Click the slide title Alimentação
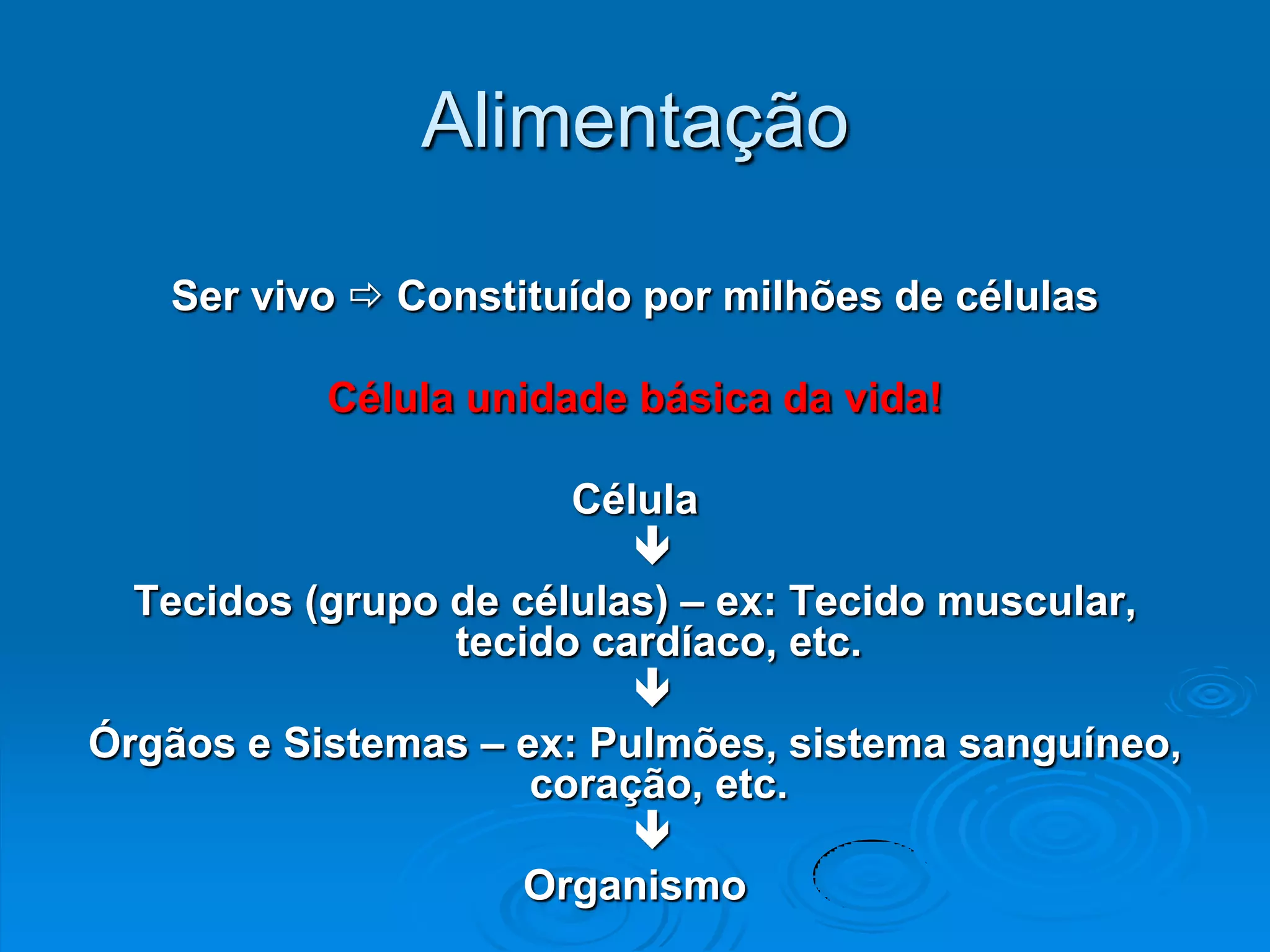(x=635, y=122)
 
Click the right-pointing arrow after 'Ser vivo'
(x=366, y=296)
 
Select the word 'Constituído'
(x=513, y=296)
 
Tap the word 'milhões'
(x=802, y=296)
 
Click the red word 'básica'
(x=706, y=398)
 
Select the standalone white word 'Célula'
(x=635, y=500)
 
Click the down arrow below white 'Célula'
(x=652, y=546)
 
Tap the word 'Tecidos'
(x=213, y=601)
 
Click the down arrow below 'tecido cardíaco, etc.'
(x=652, y=687)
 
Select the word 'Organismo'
(x=635, y=886)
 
